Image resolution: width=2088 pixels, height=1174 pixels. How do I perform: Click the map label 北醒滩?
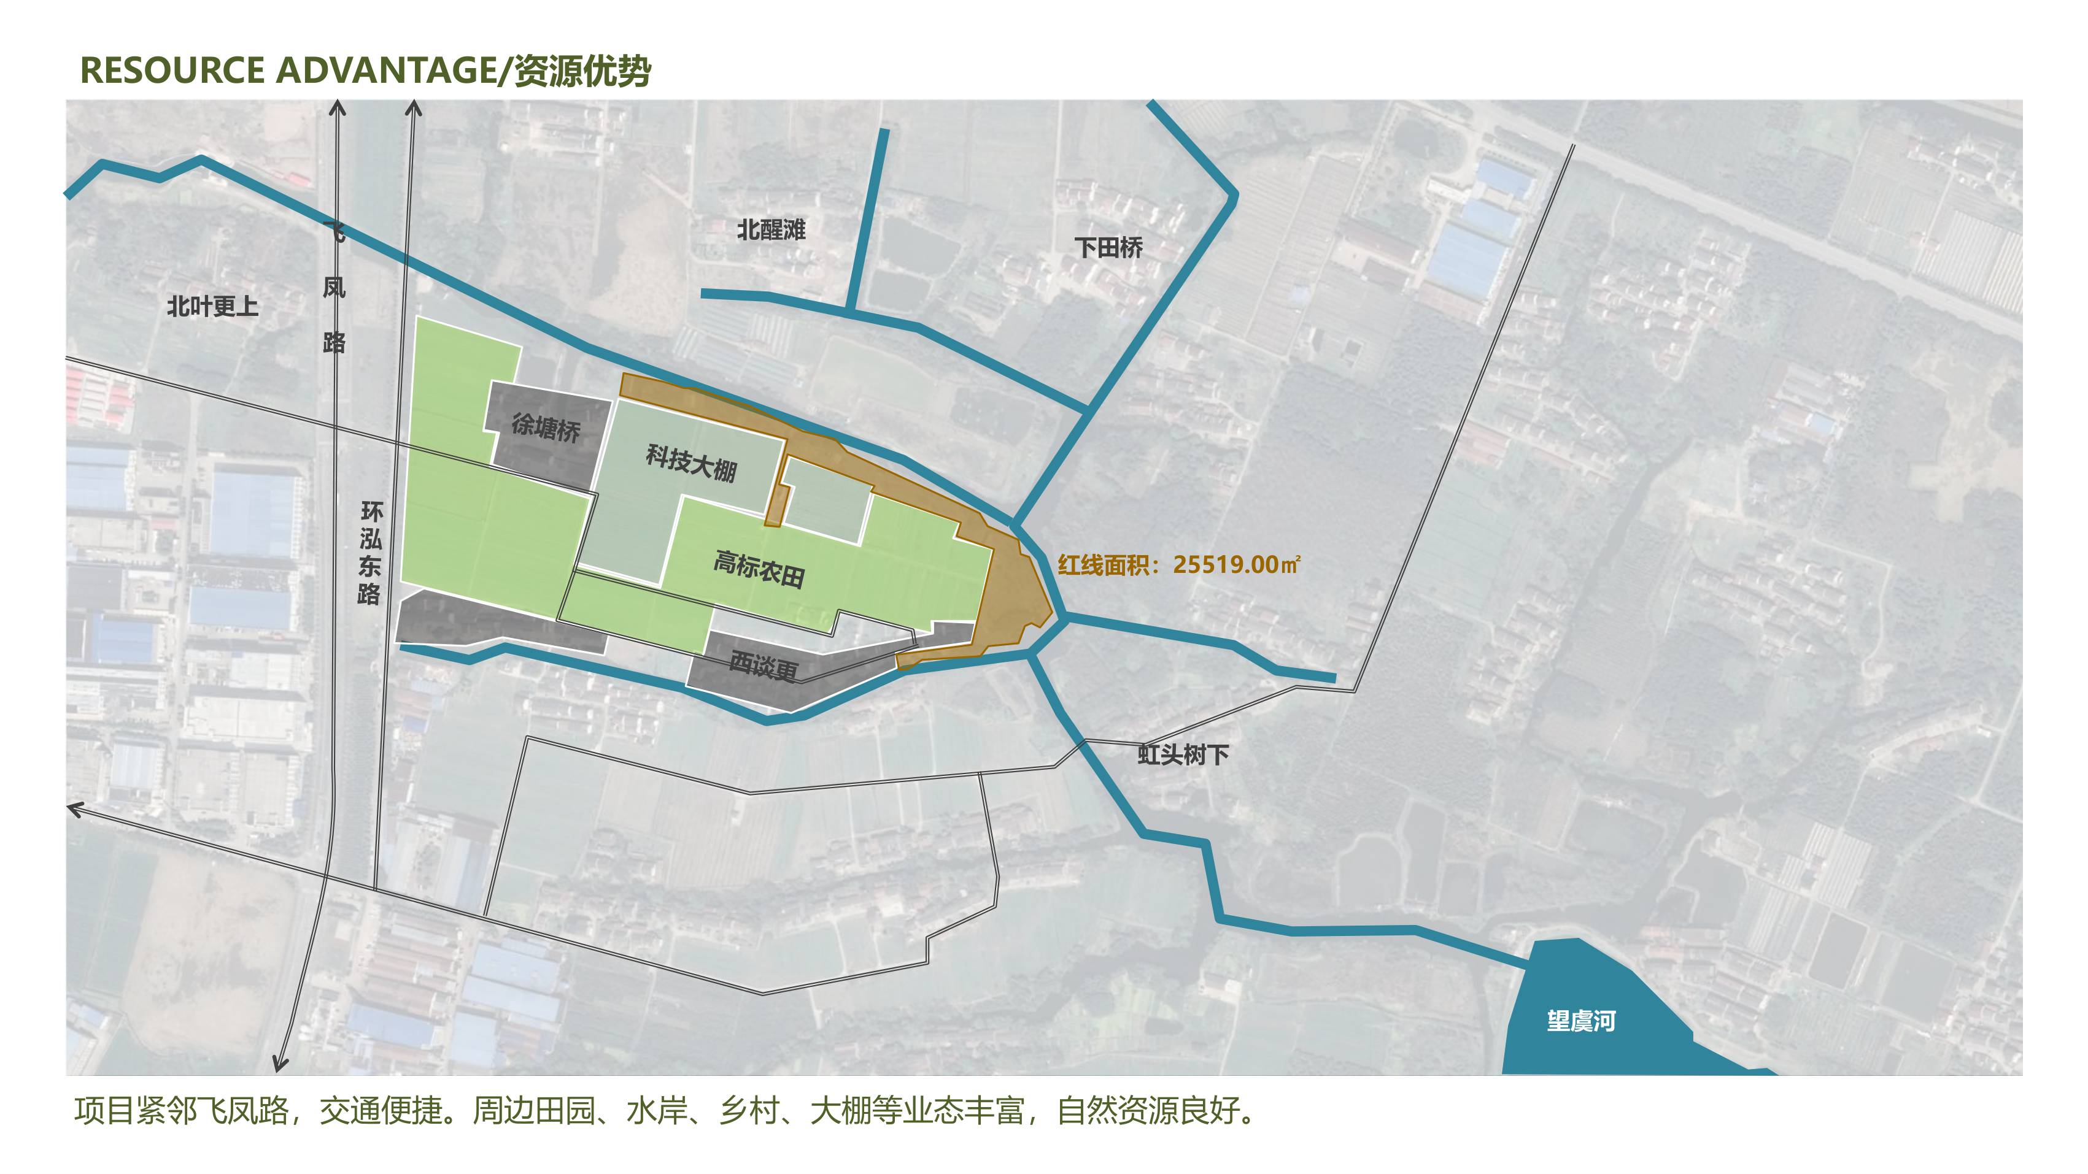[x=771, y=230]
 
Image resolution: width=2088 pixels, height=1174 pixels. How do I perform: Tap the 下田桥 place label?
[x=1108, y=247]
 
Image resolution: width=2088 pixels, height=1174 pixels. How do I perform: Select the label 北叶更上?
[x=212, y=306]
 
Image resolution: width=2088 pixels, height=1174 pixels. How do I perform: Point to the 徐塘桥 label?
[x=546, y=427]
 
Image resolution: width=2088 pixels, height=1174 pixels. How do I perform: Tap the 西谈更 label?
[x=764, y=666]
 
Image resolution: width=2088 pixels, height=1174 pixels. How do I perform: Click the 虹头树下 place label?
[x=1183, y=755]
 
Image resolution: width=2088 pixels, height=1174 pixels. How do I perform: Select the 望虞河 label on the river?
[x=1580, y=1021]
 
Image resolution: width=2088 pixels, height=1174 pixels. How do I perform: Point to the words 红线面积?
[x=1103, y=565]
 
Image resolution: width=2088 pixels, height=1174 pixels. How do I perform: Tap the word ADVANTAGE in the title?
[x=386, y=71]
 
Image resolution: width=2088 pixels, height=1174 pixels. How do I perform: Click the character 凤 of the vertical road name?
[x=334, y=288]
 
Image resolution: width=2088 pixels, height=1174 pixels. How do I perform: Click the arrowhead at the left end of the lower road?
[x=73, y=808]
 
